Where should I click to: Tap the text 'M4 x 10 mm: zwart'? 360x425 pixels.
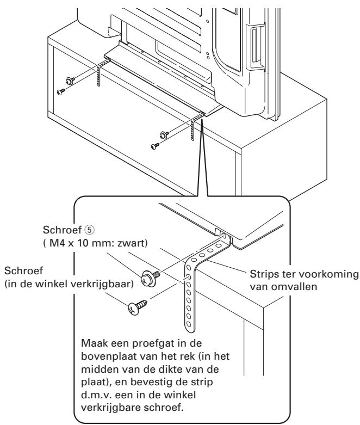[x=97, y=243]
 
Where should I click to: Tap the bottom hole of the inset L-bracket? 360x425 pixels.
[x=189, y=324]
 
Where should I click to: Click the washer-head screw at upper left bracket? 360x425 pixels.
[x=70, y=81]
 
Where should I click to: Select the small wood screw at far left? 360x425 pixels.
[x=61, y=91]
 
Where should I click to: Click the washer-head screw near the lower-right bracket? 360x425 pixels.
[x=164, y=134]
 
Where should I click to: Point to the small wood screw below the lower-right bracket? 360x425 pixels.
[x=156, y=146]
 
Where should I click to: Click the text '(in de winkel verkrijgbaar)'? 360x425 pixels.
[x=69, y=284]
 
